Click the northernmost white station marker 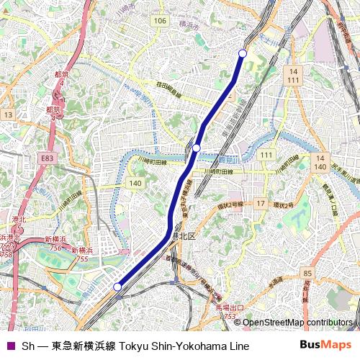pos(243,54)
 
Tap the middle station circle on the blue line pos(196,148)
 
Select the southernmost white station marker pos(117,287)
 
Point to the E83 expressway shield pos(48,158)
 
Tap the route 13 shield pos(8,114)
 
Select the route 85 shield pos(307,274)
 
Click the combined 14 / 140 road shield pos(320,161)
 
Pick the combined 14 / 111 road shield pos(292,76)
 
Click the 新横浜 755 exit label pos(83,253)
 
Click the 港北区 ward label pos(184,235)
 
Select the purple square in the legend pos(10,346)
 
